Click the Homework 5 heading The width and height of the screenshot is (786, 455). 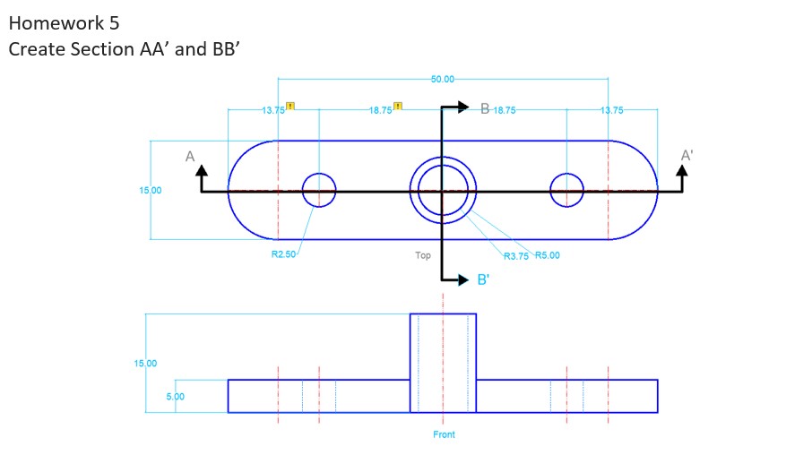click(x=64, y=22)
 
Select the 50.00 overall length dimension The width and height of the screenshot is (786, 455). click(x=443, y=80)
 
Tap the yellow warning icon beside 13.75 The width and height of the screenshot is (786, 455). click(x=289, y=107)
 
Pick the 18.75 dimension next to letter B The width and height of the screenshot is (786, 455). click(x=504, y=110)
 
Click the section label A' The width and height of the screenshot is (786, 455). click(x=687, y=155)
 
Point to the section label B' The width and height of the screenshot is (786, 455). click(x=483, y=280)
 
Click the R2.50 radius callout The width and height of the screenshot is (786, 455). click(x=283, y=255)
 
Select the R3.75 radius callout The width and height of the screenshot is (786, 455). click(x=516, y=256)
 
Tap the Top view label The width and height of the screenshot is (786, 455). click(x=423, y=255)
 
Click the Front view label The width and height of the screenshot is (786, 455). click(x=444, y=434)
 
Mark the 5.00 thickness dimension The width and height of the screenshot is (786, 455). click(x=176, y=396)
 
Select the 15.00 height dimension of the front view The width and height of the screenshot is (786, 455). click(x=145, y=364)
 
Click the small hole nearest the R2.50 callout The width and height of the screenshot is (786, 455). click(x=319, y=190)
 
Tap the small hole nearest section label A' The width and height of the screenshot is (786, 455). click(x=566, y=190)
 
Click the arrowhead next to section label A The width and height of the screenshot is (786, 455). click(x=201, y=171)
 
